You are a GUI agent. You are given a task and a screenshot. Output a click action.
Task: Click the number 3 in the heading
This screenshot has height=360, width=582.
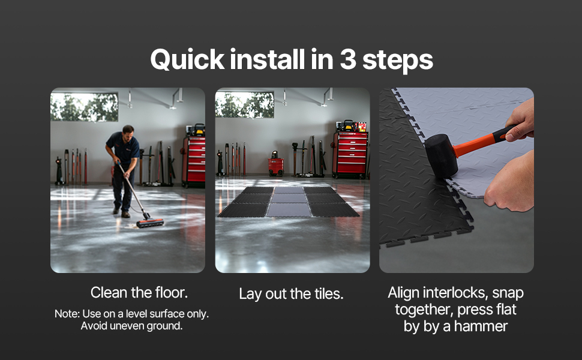pos(348,60)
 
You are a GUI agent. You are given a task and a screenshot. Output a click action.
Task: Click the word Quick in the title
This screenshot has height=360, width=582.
pos(187,60)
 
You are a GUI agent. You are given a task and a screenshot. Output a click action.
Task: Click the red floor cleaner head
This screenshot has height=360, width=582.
pos(150,223)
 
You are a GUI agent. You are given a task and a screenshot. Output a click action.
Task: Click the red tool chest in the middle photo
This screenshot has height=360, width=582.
pos(350,154)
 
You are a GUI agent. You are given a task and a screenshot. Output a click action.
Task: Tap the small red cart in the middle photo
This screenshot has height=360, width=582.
pos(276,166)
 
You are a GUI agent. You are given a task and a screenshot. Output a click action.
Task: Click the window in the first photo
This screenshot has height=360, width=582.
pos(84,107)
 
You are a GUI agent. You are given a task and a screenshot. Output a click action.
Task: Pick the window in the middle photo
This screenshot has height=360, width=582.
pos(245,105)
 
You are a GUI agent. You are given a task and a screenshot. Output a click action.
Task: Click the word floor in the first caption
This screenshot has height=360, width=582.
pos(171,292)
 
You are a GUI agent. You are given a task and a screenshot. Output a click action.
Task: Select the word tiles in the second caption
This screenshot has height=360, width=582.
pos(329,294)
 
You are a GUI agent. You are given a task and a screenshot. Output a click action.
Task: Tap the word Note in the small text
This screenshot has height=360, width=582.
pos(67,314)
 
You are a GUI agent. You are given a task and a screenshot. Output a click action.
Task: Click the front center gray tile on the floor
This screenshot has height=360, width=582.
pos(289,209)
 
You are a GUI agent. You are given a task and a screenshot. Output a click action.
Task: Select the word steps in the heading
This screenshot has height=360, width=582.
pos(398,61)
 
